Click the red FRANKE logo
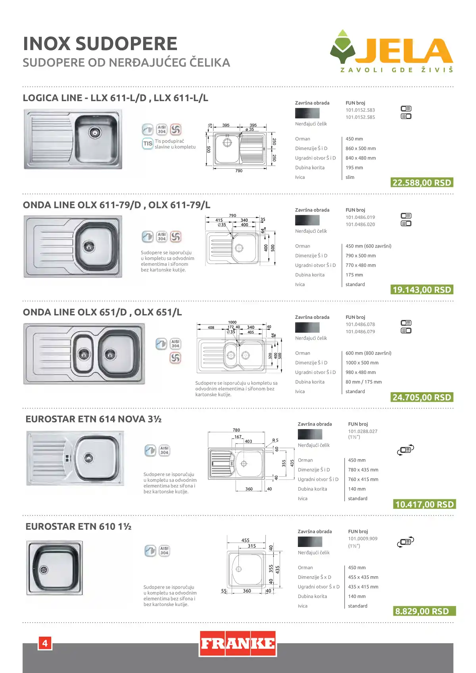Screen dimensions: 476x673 point(238,644)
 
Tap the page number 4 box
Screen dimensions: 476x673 point(45,643)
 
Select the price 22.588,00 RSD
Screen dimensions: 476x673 point(422,183)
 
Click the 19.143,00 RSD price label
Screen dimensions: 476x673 point(422,290)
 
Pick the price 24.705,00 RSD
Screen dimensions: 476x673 point(422,397)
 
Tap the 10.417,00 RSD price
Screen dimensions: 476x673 point(424,504)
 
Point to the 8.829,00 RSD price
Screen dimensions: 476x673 point(424,611)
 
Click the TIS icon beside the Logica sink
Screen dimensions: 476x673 point(148,144)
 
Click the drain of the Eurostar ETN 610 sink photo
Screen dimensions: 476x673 point(44,569)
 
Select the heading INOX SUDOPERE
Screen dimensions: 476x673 point(100,44)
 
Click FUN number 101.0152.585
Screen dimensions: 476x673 point(360,117)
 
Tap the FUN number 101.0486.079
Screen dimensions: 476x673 point(360,332)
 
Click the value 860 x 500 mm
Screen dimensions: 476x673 point(361,148)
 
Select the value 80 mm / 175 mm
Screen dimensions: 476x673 point(364,382)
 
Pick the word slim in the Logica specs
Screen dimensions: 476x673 point(350,177)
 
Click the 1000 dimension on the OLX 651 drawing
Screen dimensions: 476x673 point(232,322)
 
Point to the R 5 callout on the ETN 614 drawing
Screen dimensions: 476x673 point(275,440)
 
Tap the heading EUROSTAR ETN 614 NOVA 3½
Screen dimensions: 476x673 point(94,419)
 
